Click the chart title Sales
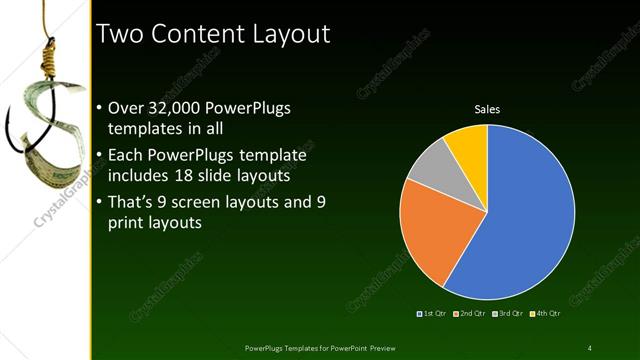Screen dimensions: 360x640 pyautogui.click(x=487, y=109)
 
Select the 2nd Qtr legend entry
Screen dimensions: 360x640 pyautogui.click(x=470, y=315)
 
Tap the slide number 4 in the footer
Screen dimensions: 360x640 pyautogui.click(x=589, y=347)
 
